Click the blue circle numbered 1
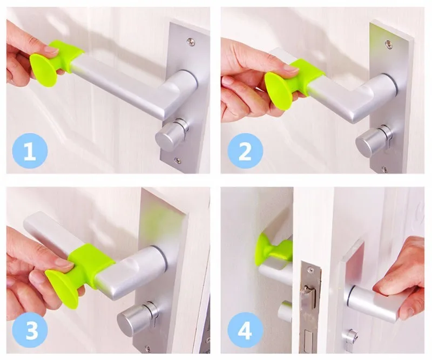[30, 151]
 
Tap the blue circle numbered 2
[245, 151]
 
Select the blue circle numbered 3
[30, 330]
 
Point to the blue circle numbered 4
[245, 330]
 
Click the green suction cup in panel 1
[44, 70]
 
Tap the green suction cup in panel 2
[280, 91]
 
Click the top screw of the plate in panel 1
[191, 42]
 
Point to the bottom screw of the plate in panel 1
[177, 160]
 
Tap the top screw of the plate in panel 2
[388, 43]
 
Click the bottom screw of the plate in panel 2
[384, 169]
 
